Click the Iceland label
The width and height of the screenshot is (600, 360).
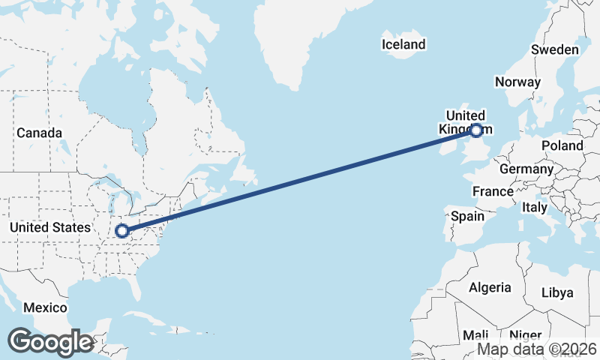pos(403,44)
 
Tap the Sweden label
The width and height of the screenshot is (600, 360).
pos(554,49)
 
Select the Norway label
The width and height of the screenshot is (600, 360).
pos(517,82)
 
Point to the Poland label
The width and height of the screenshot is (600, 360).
pos(562,145)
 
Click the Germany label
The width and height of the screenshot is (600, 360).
pos(526,169)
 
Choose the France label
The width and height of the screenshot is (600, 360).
pos(493,191)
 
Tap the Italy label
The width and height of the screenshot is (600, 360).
pos(535,207)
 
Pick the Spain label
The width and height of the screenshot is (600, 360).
pos(467,217)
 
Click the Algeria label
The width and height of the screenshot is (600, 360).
pos(490,287)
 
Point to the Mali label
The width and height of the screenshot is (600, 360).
pos(475,335)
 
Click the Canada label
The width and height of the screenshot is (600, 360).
pos(39,133)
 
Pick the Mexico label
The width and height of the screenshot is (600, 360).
pos(45,307)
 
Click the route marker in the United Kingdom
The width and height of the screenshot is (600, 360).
pos(476,131)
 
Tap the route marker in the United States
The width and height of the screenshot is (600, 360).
pos(121,231)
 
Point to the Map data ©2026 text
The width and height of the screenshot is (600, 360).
pos(537,349)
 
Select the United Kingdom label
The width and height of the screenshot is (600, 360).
pos(465,121)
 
